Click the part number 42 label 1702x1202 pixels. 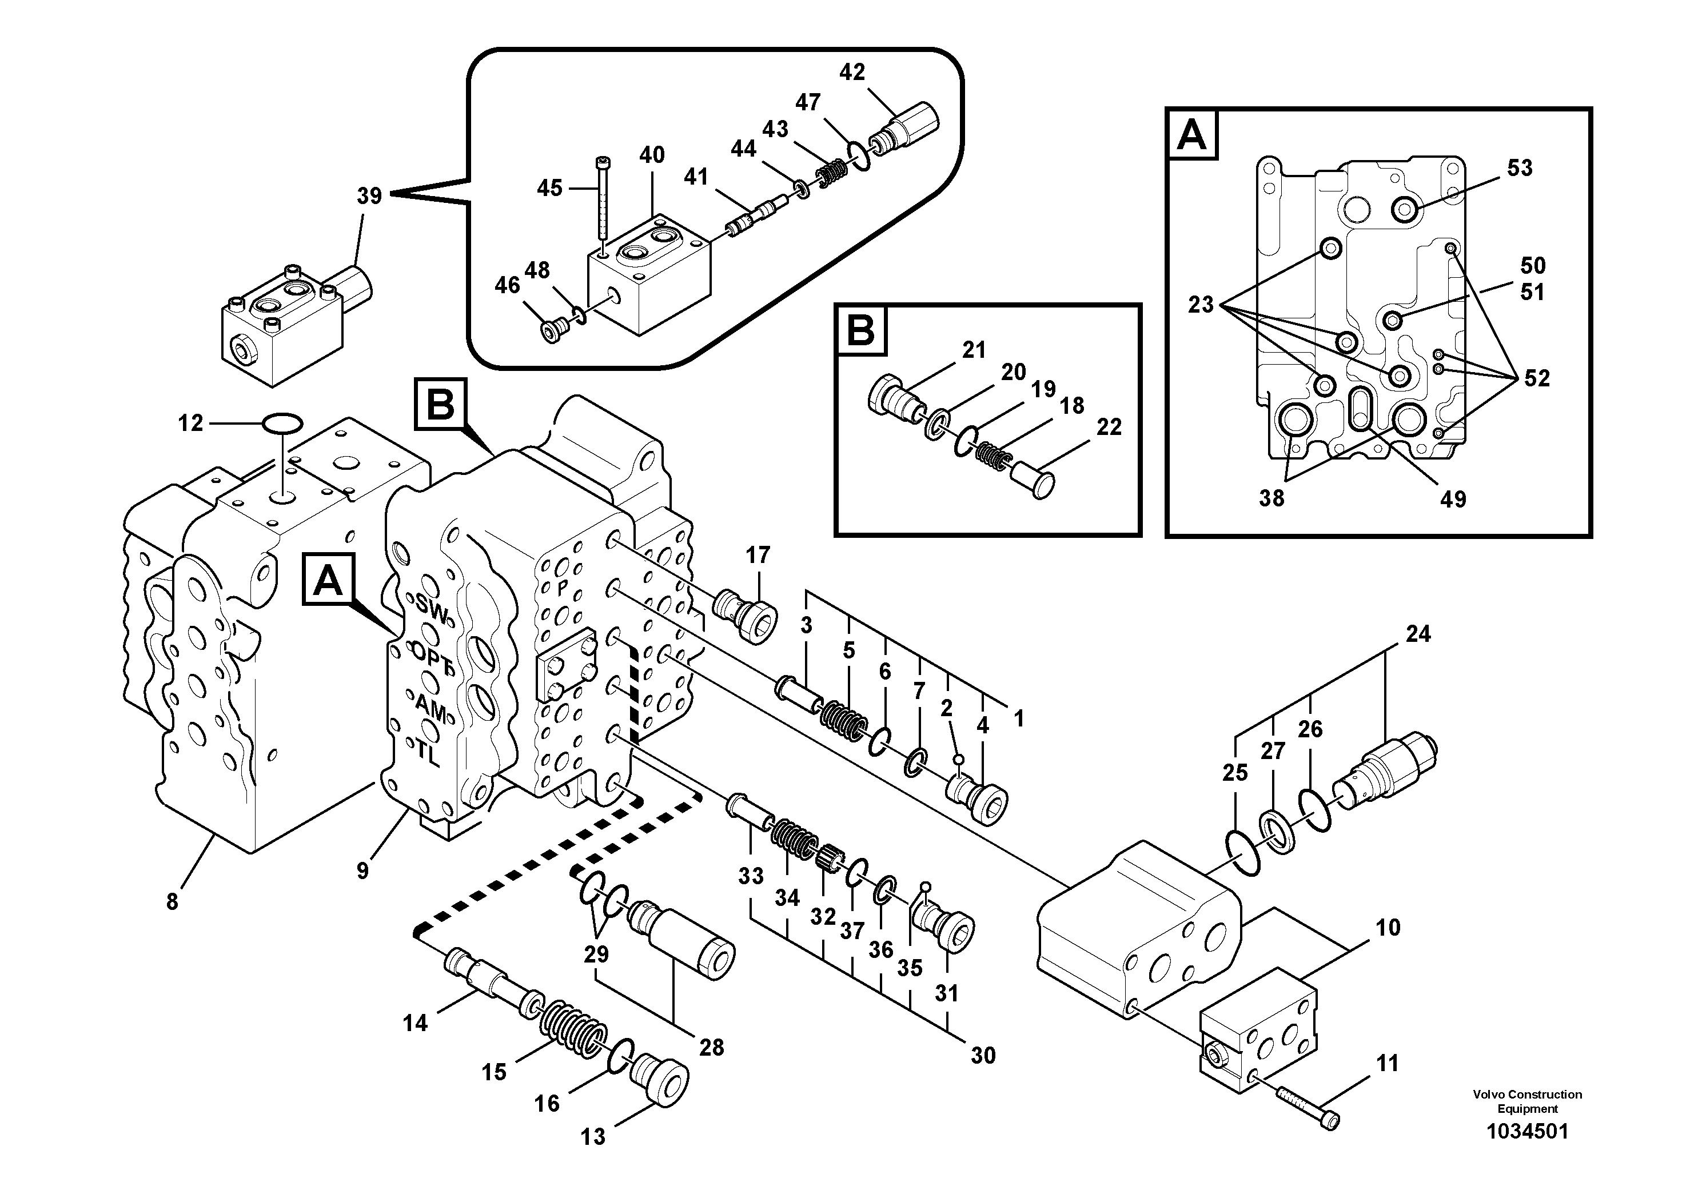(852, 73)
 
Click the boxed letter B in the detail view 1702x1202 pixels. (860, 330)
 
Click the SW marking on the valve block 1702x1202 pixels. (432, 610)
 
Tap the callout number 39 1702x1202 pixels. (369, 197)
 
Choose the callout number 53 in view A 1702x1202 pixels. (1519, 168)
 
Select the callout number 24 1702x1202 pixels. (1417, 634)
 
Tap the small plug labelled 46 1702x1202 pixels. (553, 330)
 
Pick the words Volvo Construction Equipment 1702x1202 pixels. (1527, 1101)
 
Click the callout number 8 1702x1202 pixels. (172, 902)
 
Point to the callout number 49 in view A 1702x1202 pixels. (1453, 500)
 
